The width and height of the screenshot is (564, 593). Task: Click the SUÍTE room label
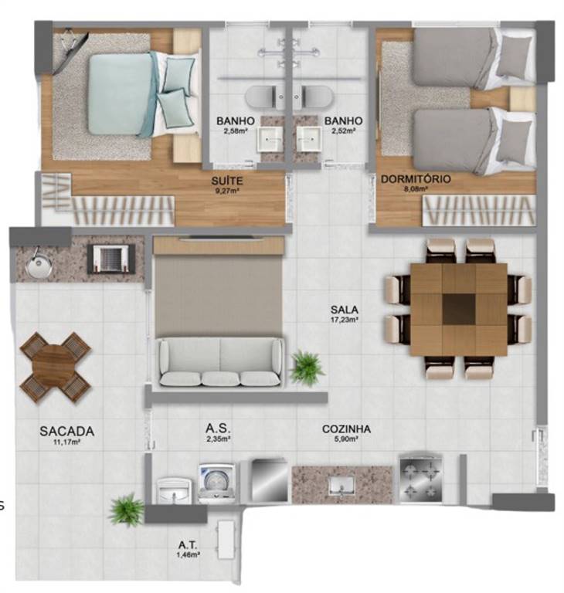pyautogui.click(x=227, y=181)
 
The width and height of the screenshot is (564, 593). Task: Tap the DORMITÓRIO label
pyautogui.click(x=416, y=179)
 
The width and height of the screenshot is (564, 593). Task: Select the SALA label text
pyautogui.click(x=345, y=310)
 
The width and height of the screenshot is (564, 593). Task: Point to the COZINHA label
pyautogui.click(x=346, y=429)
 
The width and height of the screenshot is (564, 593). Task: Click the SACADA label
pyautogui.click(x=66, y=431)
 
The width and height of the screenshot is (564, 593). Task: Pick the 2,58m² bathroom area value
pyautogui.click(x=235, y=131)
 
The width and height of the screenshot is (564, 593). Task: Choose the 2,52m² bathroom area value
pyautogui.click(x=343, y=131)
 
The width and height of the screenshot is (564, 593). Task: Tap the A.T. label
pyautogui.click(x=188, y=545)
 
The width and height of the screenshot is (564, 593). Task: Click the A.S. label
pyautogui.click(x=218, y=429)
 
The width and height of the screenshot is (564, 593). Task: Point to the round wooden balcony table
pyautogui.click(x=56, y=368)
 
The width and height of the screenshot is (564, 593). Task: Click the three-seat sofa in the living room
pyautogui.click(x=221, y=362)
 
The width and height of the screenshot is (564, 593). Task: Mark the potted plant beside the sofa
pyautogui.click(x=307, y=368)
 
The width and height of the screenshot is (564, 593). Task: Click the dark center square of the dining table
pyautogui.click(x=458, y=309)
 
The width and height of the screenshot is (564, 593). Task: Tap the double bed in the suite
pyautogui.click(x=144, y=94)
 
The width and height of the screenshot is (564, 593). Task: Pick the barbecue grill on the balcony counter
pyautogui.click(x=111, y=259)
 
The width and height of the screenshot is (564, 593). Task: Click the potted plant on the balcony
pyautogui.click(x=127, y=510)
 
